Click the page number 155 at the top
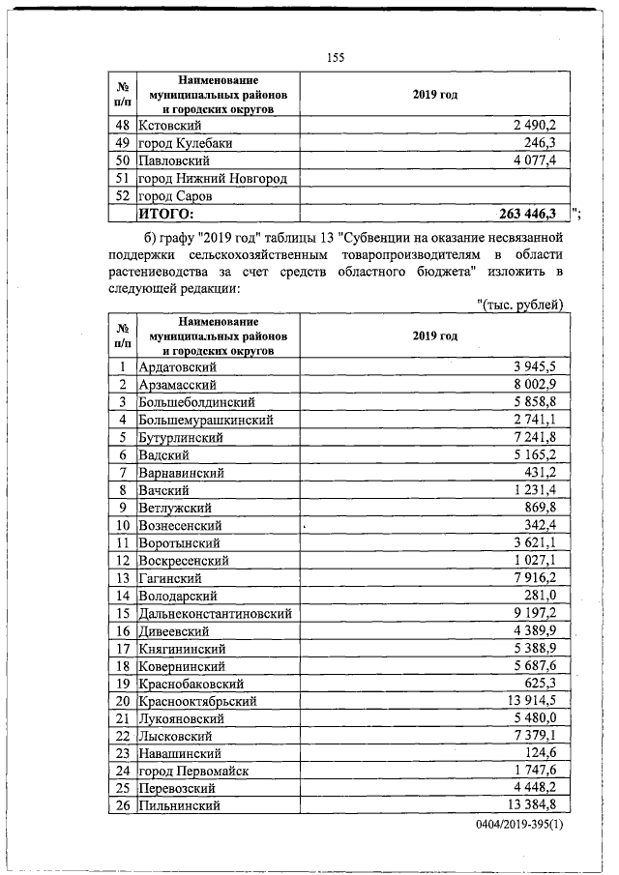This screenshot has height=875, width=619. [336, 57]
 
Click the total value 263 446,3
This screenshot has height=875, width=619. [530, 214]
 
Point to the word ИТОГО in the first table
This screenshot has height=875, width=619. [167, 214]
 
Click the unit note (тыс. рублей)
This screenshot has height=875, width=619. [521, 306]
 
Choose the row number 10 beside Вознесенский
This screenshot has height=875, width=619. [123, 525]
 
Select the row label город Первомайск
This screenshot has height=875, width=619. [193, 771]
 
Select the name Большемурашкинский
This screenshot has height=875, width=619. [206, 420]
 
